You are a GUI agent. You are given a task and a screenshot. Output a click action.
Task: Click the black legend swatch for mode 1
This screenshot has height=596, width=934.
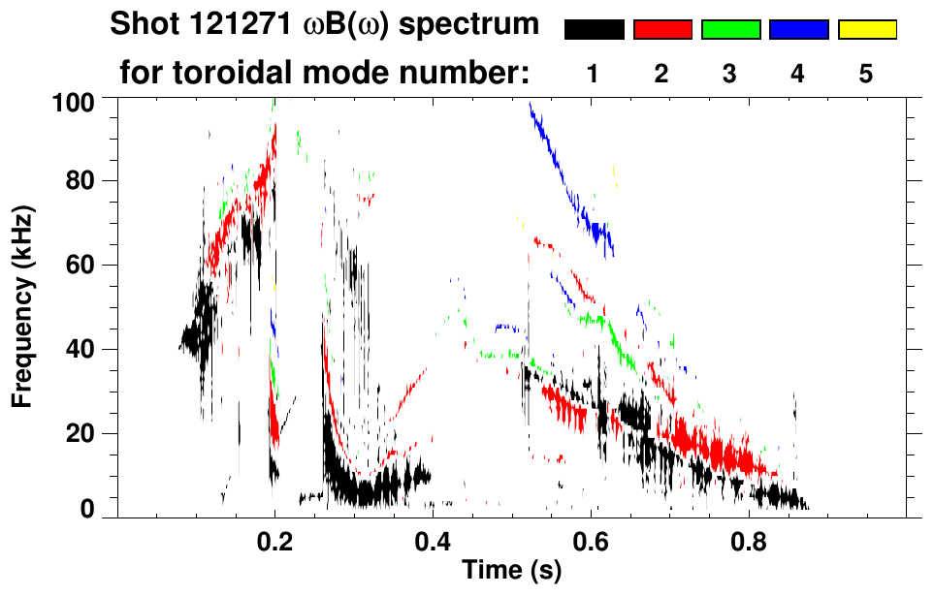594,30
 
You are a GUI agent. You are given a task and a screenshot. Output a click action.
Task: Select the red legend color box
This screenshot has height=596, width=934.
662,30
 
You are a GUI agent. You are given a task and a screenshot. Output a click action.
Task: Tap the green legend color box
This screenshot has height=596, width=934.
730,30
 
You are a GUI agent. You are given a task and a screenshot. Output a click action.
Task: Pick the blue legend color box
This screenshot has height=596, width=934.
798,30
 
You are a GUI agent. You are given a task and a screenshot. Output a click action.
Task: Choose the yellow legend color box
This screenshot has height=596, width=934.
866,30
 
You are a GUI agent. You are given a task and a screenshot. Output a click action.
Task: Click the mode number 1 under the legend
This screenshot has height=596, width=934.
594,74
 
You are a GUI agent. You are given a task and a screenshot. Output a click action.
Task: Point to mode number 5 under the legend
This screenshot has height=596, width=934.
866,74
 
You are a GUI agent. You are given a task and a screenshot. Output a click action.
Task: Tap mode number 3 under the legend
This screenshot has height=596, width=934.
730,74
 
